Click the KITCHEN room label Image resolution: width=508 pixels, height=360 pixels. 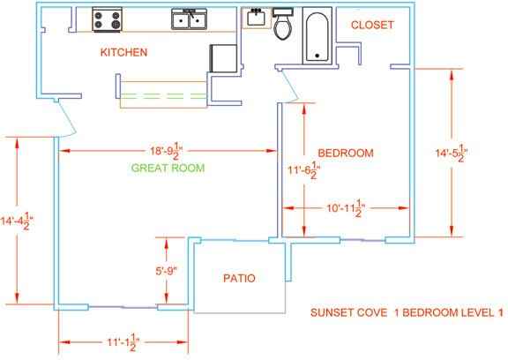tap(123, 52)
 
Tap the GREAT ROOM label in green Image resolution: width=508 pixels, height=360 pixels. tap(168, 168)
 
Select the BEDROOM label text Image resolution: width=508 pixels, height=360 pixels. tap(346, 153)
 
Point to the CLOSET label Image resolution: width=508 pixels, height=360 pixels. tap(372, 25)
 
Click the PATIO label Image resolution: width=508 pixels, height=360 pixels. tap(239, 278)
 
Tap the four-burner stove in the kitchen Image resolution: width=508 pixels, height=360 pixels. tap(107, 19)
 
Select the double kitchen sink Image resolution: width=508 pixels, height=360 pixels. tap(190, 19)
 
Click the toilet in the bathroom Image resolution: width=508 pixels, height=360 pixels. tap(283, 24)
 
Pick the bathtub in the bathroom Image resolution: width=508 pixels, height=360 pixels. tap(317, 35)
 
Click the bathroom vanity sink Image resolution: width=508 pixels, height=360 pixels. tap(257, 18)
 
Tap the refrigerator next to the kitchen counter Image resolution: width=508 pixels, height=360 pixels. tap(223, 58)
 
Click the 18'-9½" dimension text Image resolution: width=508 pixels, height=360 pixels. tap(167, 151)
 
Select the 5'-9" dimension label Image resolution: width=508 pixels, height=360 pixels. tap(167, 271)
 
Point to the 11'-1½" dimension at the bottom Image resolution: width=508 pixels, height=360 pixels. tap(123, 342)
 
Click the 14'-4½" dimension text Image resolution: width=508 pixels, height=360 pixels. tap(17, 221)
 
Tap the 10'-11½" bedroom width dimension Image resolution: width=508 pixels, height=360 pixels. tap(346, 208)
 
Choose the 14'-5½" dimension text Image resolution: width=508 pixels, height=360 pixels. tap(452, 153)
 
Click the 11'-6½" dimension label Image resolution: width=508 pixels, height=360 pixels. tap(304, 170)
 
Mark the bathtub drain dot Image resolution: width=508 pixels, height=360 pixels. tap(317, 56)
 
